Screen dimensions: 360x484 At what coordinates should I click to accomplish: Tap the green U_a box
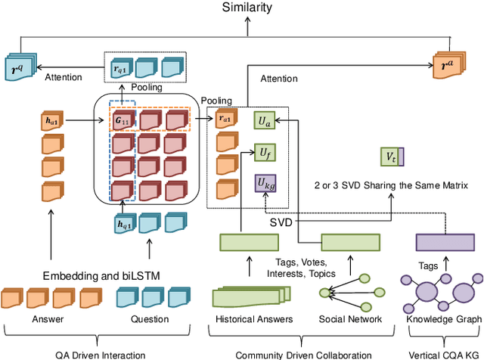tap(262, 119)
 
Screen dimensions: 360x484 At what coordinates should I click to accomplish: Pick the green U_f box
tap(262, 152)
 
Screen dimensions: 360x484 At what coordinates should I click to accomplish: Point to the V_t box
tap(392, 157)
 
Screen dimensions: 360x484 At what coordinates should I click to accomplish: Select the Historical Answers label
tap(254, 319)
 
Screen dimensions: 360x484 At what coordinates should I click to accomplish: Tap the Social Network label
tap(349, 319)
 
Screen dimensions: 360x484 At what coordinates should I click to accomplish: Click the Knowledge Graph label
tap(443, 319)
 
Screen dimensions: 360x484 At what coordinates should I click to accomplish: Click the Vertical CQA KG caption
tap(445, 355)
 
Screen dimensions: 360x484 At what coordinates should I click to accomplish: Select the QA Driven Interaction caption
tap(104, 355)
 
